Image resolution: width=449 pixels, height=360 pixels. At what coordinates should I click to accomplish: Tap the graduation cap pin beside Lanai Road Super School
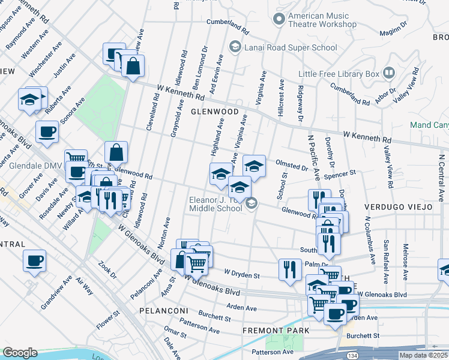tap(235, 47)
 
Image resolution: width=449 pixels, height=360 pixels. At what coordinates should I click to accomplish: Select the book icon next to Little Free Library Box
tap(389, 74)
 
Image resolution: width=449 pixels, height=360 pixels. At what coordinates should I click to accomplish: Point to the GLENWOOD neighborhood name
tap(211, 112)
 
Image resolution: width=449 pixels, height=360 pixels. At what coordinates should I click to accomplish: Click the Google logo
tap(20, 353)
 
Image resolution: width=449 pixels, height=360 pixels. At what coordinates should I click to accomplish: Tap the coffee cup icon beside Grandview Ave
tap(34, 261)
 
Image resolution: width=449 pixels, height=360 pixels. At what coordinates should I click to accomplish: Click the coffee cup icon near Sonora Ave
tap(47, 131)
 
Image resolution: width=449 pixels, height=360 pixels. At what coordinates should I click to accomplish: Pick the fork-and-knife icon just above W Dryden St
tap(291, 269)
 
